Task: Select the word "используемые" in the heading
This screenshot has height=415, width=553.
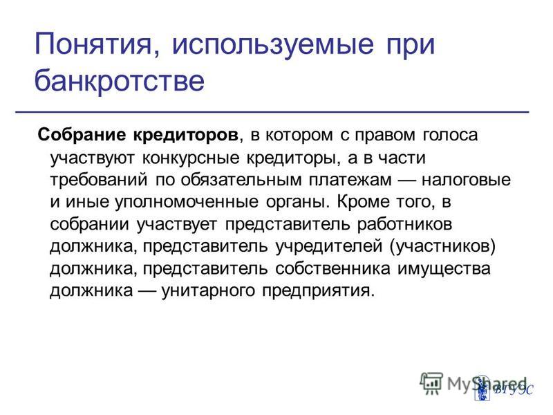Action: (272, 45)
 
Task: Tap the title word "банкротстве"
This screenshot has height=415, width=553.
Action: (119, 81)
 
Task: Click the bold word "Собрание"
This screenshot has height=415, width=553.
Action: (82, 135)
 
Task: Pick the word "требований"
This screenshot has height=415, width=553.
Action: (99, 180)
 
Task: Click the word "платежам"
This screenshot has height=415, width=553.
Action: (350, 180)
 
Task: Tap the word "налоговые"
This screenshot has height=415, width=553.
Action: (466, 180)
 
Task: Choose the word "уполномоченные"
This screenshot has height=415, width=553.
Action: (186, 202)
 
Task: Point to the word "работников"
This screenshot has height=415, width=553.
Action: (404, 223)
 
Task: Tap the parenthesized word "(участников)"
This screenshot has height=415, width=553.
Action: (443, 246)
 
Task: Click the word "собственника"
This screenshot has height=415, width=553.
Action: (332, 268)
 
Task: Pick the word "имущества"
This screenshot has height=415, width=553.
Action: (444, 269)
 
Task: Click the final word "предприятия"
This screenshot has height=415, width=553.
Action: (318, 290)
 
